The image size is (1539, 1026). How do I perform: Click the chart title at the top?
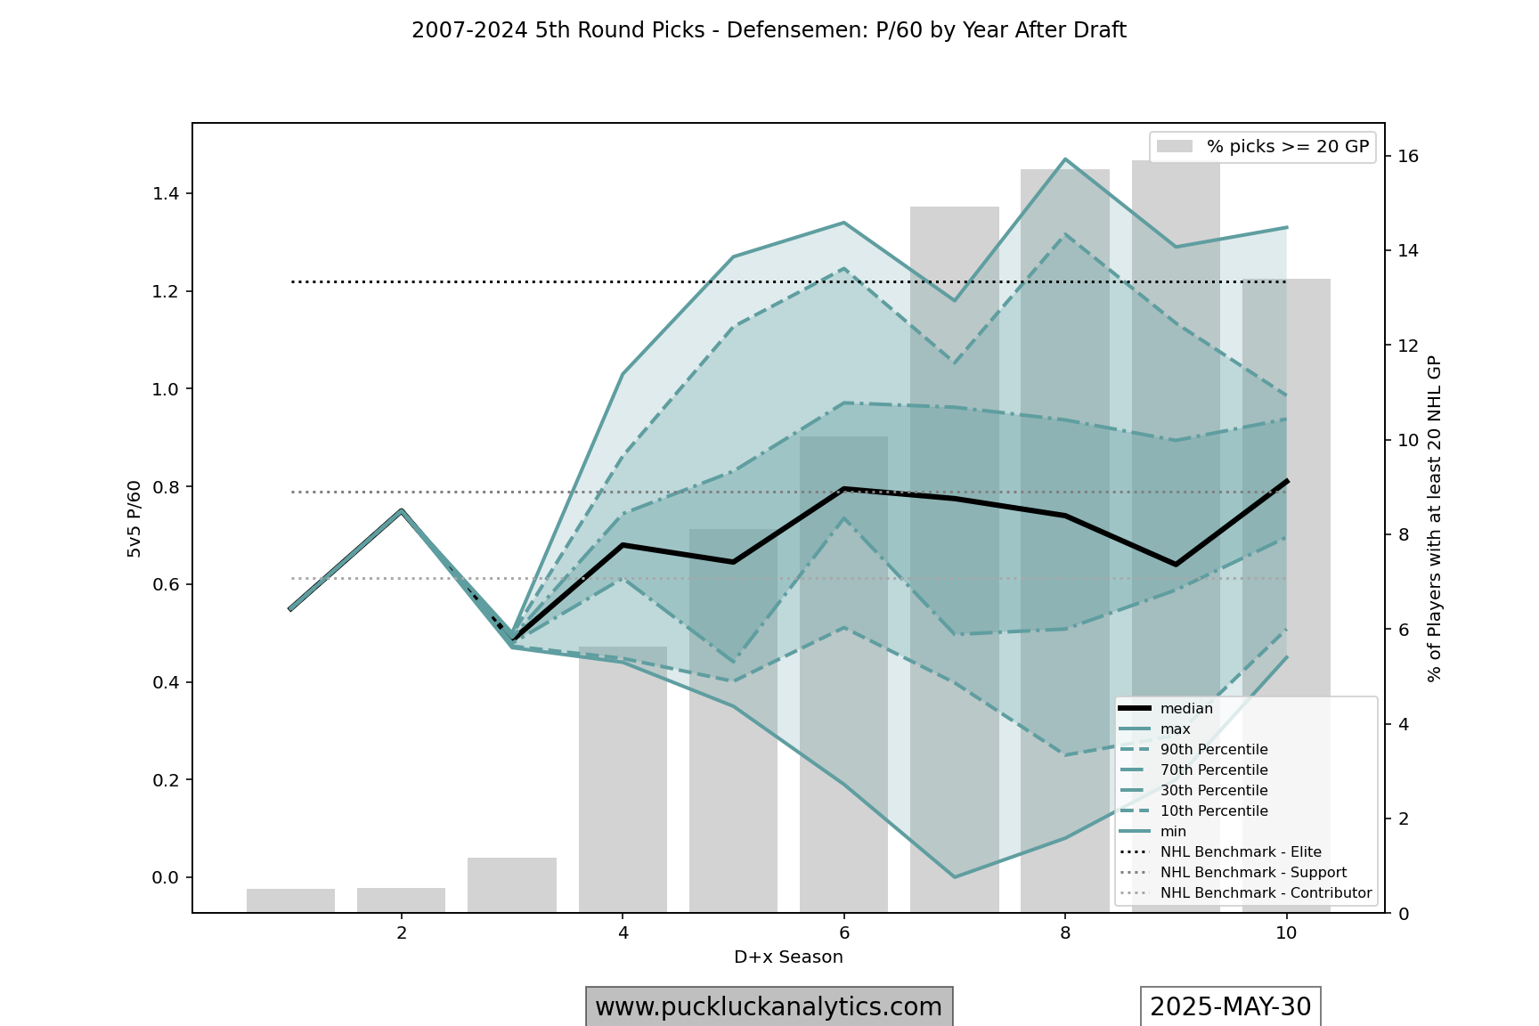(x=769, y=30)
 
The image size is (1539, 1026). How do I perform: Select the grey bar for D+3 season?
(x=512, y=884)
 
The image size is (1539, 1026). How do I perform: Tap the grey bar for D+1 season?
(x=290, y=900)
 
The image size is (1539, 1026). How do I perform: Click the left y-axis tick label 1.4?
(x=167, y=194)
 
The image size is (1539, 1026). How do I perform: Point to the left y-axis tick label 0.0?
(x=166, y=878)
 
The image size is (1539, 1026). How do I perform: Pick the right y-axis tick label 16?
(x=1408, y=157)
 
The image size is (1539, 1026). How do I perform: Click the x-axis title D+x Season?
(x=788, y=957)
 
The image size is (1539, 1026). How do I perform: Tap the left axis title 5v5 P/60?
(x=134, y=519)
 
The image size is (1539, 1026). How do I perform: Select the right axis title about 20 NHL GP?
(x=1434, y=519)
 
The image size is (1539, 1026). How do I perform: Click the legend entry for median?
(x=1186, y=709)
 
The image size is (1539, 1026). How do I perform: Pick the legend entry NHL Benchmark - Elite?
(x=1240, y=852)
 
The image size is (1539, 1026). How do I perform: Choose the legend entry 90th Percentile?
(x=1213, y=750)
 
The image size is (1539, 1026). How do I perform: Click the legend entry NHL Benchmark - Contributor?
(x=1266, y=893)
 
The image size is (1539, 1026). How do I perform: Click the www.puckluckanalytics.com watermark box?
(x=769, y=1007)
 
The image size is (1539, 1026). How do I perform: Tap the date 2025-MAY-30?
(x=1230, y=1007)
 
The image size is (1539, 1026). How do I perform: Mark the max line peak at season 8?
(x=1064, y=159)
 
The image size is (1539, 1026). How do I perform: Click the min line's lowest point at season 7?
(x=954, y=877)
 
